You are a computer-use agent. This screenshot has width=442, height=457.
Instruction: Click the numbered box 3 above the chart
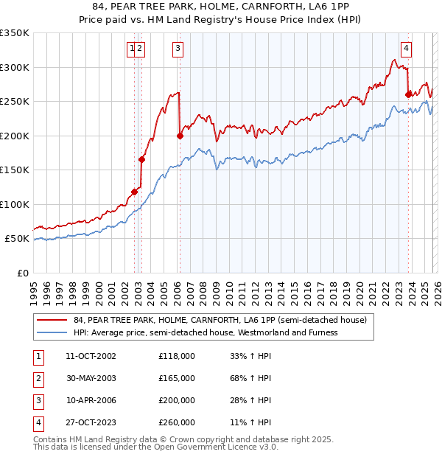click(x=178, y=49)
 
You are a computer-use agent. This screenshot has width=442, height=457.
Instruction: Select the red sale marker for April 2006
click(x=179, y=136)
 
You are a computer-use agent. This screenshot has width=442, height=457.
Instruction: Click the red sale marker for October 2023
click(x=408, y=94)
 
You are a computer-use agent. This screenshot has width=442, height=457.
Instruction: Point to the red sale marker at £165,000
click(x=141, y=159)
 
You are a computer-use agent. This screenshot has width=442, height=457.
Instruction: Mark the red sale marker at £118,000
click(x=134, y=192)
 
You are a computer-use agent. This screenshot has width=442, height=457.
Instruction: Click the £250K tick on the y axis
click(x=15, y=101)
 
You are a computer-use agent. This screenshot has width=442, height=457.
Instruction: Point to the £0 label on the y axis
click(x=21, y=273)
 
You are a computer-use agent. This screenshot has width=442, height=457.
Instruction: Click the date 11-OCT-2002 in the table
click(x=90, y=356)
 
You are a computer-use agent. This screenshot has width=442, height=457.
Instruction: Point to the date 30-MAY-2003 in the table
click(x=90, y=378)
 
